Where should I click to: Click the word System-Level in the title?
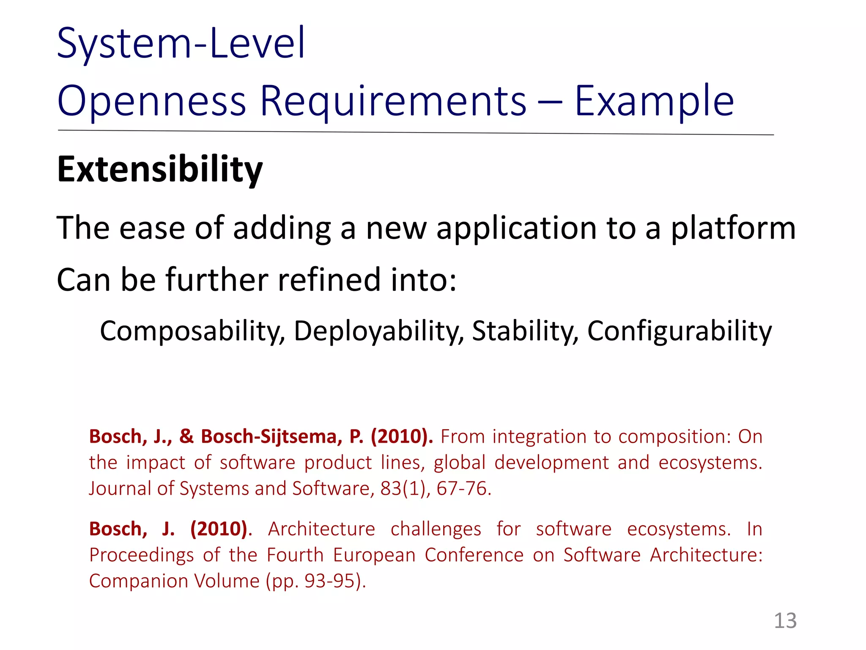click(181, 43)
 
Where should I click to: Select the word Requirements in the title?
click(393, 102)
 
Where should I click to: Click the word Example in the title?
click(654, 102)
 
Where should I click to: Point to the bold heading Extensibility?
click(160, 170)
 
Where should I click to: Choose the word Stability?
click(525, 331)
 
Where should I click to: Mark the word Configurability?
click(679, 331)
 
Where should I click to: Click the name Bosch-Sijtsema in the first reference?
click(271, 436)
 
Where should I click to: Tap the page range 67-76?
click(463, 488)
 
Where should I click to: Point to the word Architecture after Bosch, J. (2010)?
click(321, 529)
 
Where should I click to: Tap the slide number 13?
click(785, 621)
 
